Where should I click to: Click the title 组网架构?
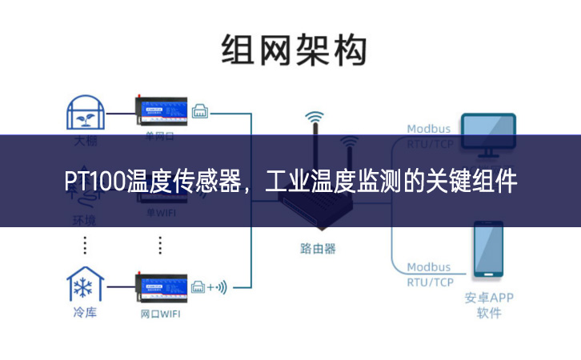click(x=294, y=51)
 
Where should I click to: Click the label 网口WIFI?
click(x=160, y=314)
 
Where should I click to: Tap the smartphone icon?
click(x=488, y=250)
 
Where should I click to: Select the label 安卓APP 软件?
click(x=489, y=305)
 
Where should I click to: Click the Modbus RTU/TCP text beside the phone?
click(x=429, y=274)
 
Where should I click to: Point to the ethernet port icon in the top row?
click(x=199, y=113)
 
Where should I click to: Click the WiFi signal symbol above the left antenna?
click(x=315, y=118)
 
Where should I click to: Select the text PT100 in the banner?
click(x=94, y=182)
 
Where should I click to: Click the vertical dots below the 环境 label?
click(x=85, y=244)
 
